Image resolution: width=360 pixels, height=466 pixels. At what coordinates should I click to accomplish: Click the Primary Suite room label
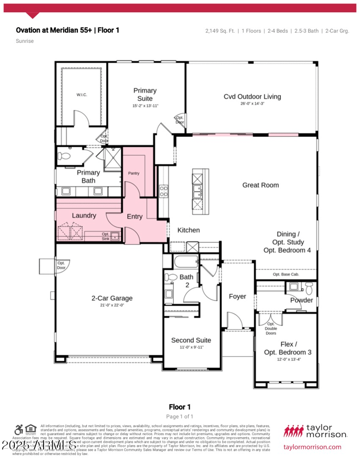coord(145,95)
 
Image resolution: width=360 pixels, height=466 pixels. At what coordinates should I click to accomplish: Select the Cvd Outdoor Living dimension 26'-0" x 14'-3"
coord(252,104)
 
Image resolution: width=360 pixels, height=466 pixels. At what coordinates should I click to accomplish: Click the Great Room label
coord(261,185)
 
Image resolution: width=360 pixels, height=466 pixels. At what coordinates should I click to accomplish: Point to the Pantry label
coord(134,173)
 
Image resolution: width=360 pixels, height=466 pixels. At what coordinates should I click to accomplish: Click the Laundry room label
coord(84,216)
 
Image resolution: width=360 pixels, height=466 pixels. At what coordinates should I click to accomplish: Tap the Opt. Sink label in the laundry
coord(106,236)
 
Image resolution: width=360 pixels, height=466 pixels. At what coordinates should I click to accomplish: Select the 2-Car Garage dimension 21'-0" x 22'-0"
coord(112,305)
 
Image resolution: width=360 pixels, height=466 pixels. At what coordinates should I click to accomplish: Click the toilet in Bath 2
coord(171,277)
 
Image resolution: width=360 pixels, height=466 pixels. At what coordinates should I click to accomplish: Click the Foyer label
coord(238,296)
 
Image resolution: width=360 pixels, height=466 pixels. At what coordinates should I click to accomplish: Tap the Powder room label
coord(301,300)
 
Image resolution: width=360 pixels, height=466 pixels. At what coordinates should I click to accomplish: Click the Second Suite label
coord(191,340)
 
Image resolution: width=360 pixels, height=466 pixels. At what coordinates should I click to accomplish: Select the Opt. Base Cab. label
coord(286,274)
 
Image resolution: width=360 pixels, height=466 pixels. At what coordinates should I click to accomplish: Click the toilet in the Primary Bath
coord(64,156)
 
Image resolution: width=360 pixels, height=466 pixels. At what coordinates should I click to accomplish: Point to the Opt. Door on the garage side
coord(61,266)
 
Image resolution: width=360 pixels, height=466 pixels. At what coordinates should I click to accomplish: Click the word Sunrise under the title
coord(25,41)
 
